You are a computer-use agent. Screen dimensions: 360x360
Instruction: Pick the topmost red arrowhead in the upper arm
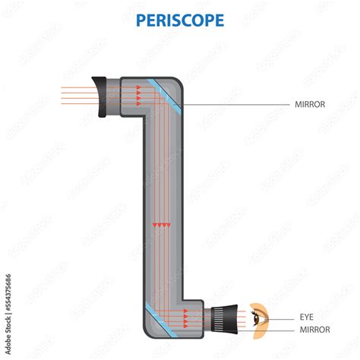(x=139, y=88)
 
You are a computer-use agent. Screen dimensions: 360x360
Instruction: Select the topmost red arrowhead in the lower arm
(x=185, y=309)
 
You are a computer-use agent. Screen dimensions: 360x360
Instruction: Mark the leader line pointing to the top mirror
(x=228, y=104)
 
